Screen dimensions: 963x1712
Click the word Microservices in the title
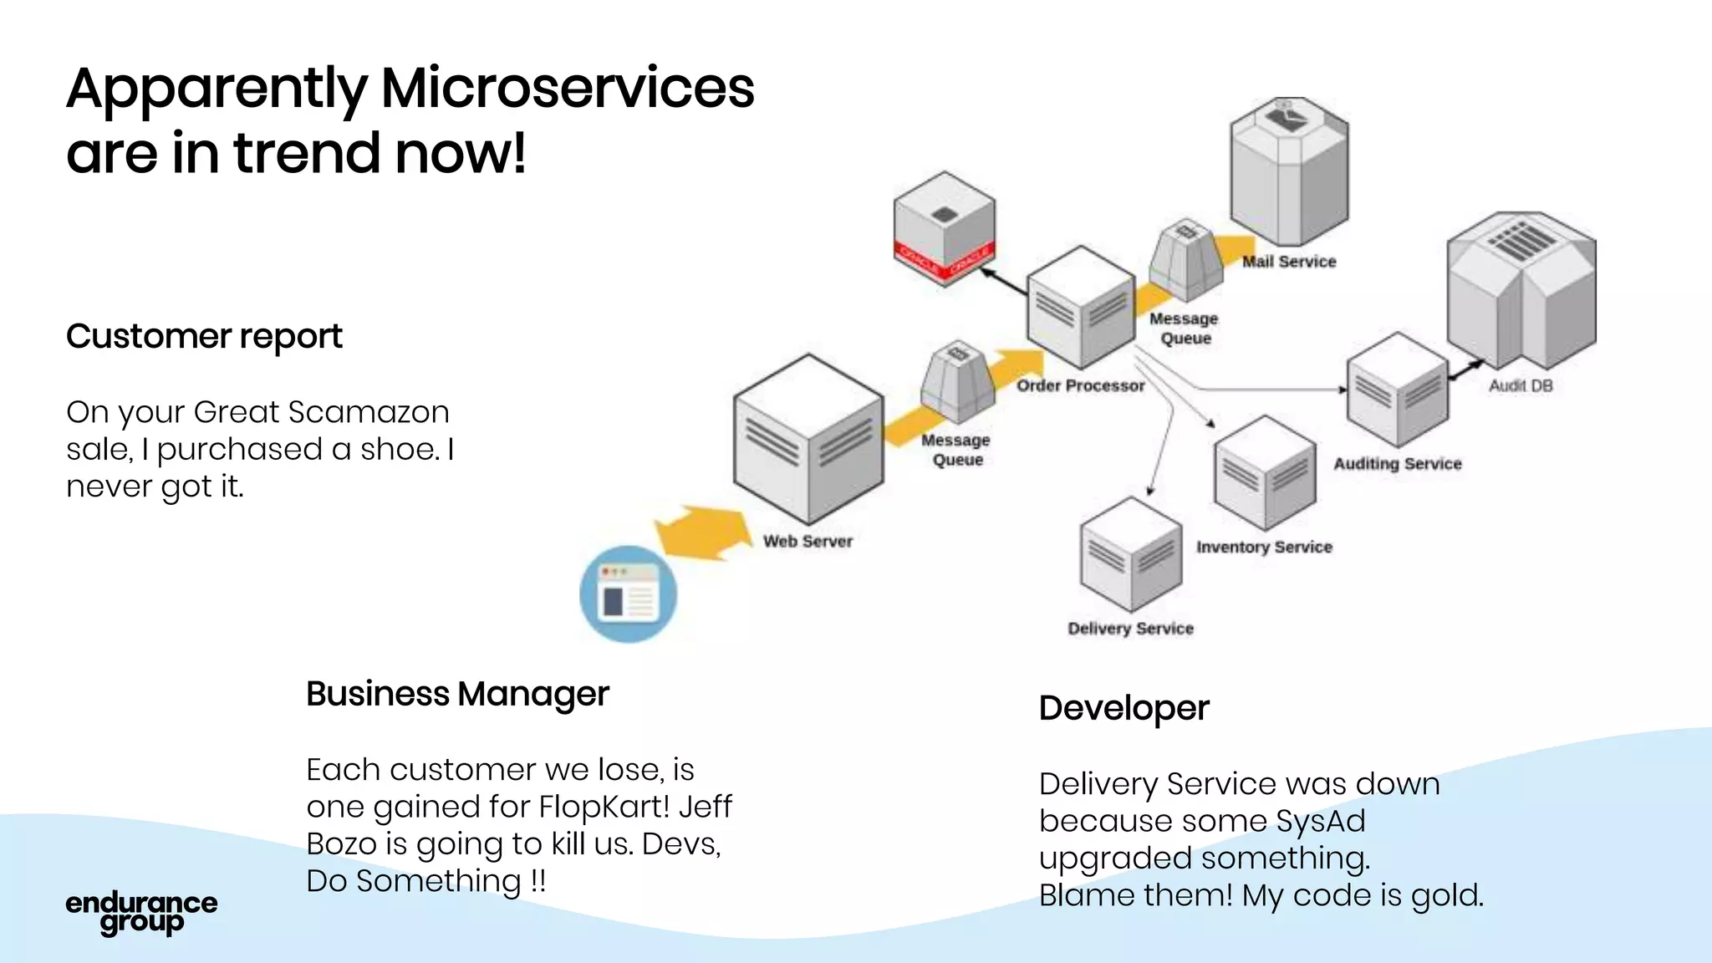click(x=567, y=89)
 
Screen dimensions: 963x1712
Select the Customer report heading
click(x=204, y=337)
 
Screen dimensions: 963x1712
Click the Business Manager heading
click(x=457, y=694)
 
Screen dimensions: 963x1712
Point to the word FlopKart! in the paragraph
click(x=604, y=807)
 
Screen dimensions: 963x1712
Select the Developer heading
click(x=1123, y=708)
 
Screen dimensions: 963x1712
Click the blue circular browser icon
click(x=628, y=594)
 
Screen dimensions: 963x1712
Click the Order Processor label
click(x=1080, y=386)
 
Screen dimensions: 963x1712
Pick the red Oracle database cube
click(x=944, y=228)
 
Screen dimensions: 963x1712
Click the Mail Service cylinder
click(x=1288, y=171)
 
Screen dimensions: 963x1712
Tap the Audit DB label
click(x=1520, y=386)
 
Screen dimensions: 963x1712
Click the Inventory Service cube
click(x=1264, y=473)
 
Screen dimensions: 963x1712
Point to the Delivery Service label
click(x=1130, y=629)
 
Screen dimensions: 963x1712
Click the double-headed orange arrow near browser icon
click(x=703, y=532)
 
